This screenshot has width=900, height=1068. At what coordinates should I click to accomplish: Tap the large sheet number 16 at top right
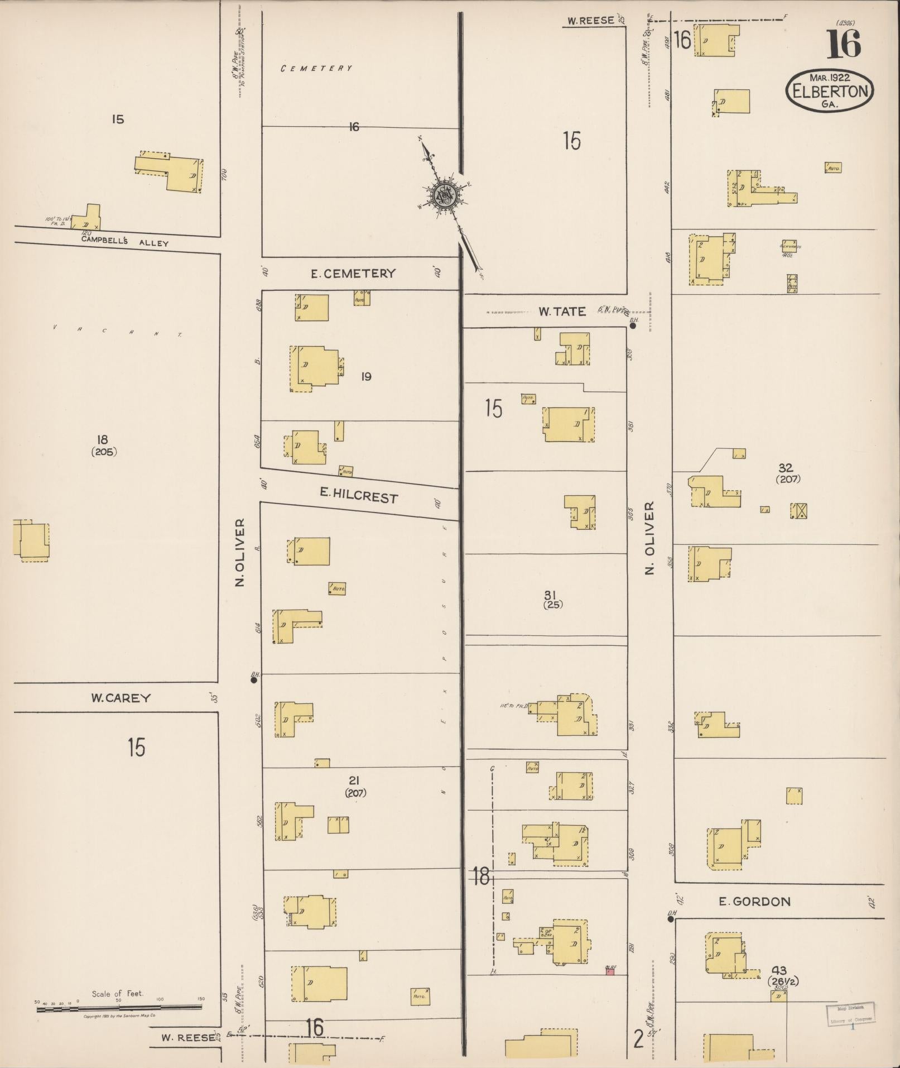pos(843,44)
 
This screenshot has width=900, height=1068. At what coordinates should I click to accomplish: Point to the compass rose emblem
pos(445,196)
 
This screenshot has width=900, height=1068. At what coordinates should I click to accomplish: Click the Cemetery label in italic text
pos(316,69)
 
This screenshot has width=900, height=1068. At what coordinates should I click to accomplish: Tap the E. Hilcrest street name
pos(359,495)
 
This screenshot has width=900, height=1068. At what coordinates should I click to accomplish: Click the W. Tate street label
pos(562,312)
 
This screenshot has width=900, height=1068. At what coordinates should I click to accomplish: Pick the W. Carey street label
pos(121,698)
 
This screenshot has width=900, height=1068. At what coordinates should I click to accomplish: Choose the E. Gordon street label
pos(754,902)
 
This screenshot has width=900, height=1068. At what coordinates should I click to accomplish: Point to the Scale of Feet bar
pos(118,1008)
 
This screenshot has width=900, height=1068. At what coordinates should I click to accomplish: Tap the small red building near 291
pos(610,972)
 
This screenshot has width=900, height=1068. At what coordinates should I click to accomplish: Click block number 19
pos(366,377)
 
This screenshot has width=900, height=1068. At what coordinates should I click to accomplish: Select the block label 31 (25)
pos(552,599)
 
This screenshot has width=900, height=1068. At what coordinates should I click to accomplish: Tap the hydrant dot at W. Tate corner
pos(633,326)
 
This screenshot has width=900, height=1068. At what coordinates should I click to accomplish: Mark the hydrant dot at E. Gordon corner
pos(671,918)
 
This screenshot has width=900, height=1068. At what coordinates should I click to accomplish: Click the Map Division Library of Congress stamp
pos(850,1012)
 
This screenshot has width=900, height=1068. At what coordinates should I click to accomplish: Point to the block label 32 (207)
pos(787,473)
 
